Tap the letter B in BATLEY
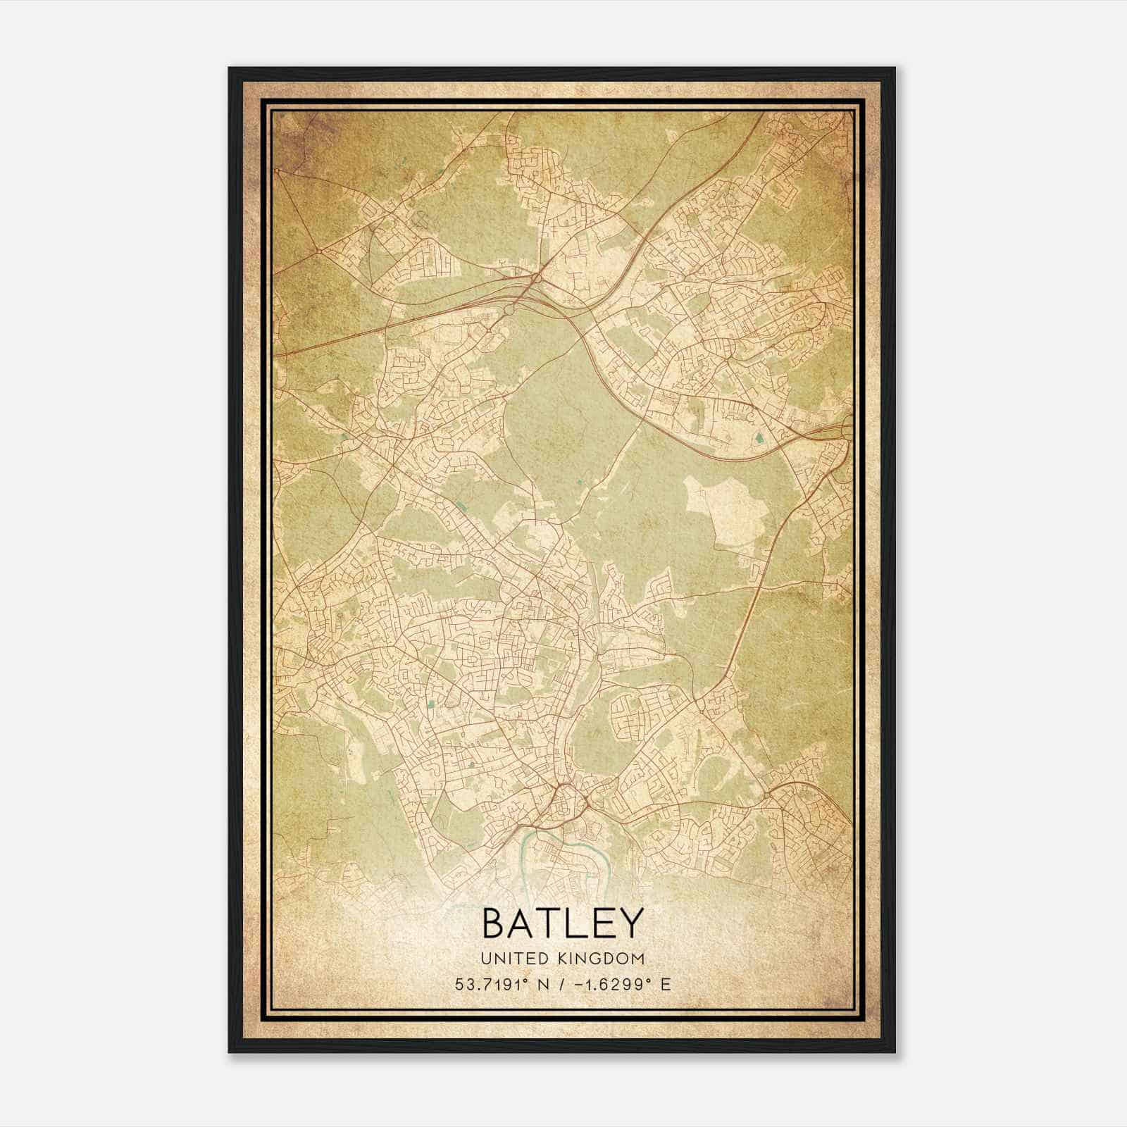(495, 923)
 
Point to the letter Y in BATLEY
(632, 923)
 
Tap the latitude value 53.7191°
(490, 984)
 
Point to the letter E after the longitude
(666, 984)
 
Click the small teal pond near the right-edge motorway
(759, 439)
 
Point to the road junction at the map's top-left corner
(278, 171)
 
